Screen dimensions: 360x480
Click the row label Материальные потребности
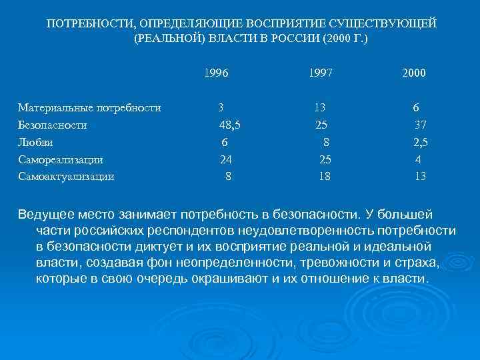[89, 107]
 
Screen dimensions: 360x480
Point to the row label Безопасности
[53, 125]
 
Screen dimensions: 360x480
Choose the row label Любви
[36, 142]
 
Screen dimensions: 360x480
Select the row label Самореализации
[61, 159]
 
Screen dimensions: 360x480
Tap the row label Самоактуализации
[66, 177]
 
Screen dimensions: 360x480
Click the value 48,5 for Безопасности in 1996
[230, 125]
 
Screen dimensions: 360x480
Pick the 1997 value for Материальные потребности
[321, 107]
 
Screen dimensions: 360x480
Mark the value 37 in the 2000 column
[420, 125]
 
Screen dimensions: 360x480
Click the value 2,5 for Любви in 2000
[420, 142]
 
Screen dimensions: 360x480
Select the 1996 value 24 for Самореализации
[227, 159]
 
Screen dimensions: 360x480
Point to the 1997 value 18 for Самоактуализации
[325, 177]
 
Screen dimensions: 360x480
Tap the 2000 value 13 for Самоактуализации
[420, 177]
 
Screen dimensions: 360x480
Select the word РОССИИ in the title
[294, 39]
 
